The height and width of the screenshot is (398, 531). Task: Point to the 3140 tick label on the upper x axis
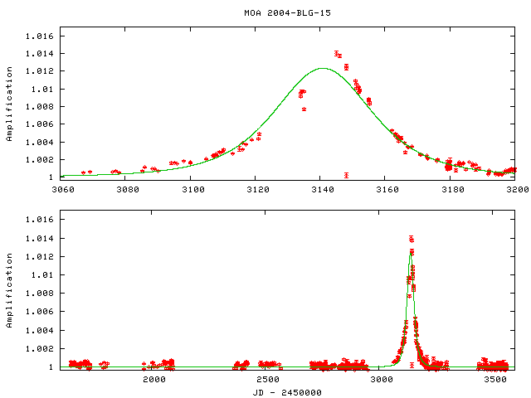pyautogui.click(x=321, y=189)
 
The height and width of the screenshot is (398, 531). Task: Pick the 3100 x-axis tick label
pyautogui.click(x=191, y=189)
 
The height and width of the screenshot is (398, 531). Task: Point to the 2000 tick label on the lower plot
pyautogui.click(x=154, y=379)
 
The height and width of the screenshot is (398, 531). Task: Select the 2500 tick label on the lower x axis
pyautogui.click(x=267, y=379)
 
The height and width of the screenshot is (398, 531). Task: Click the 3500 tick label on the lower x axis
pyautogui.click(x=494, y=379)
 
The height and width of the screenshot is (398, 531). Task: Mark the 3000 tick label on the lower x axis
pyautogui.click(x=381, y=379)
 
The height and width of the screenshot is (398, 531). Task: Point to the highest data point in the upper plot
pyautogui.click(x=337, y=53)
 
